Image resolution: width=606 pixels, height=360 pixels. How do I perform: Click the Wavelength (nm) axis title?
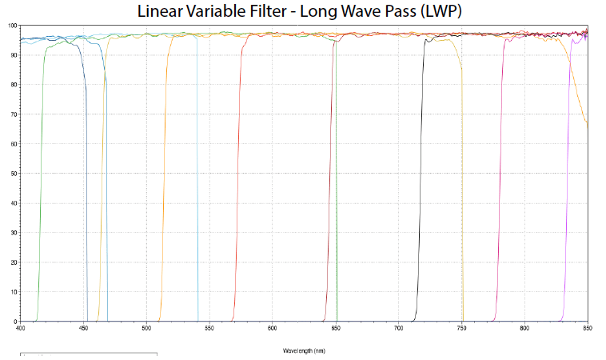tap(303, 350)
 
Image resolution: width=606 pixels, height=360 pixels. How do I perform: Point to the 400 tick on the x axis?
tap(21, 327)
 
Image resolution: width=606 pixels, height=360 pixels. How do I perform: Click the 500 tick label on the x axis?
tap(146, 327)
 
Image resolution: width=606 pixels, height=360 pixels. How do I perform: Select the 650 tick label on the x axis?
tap(336, 327)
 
